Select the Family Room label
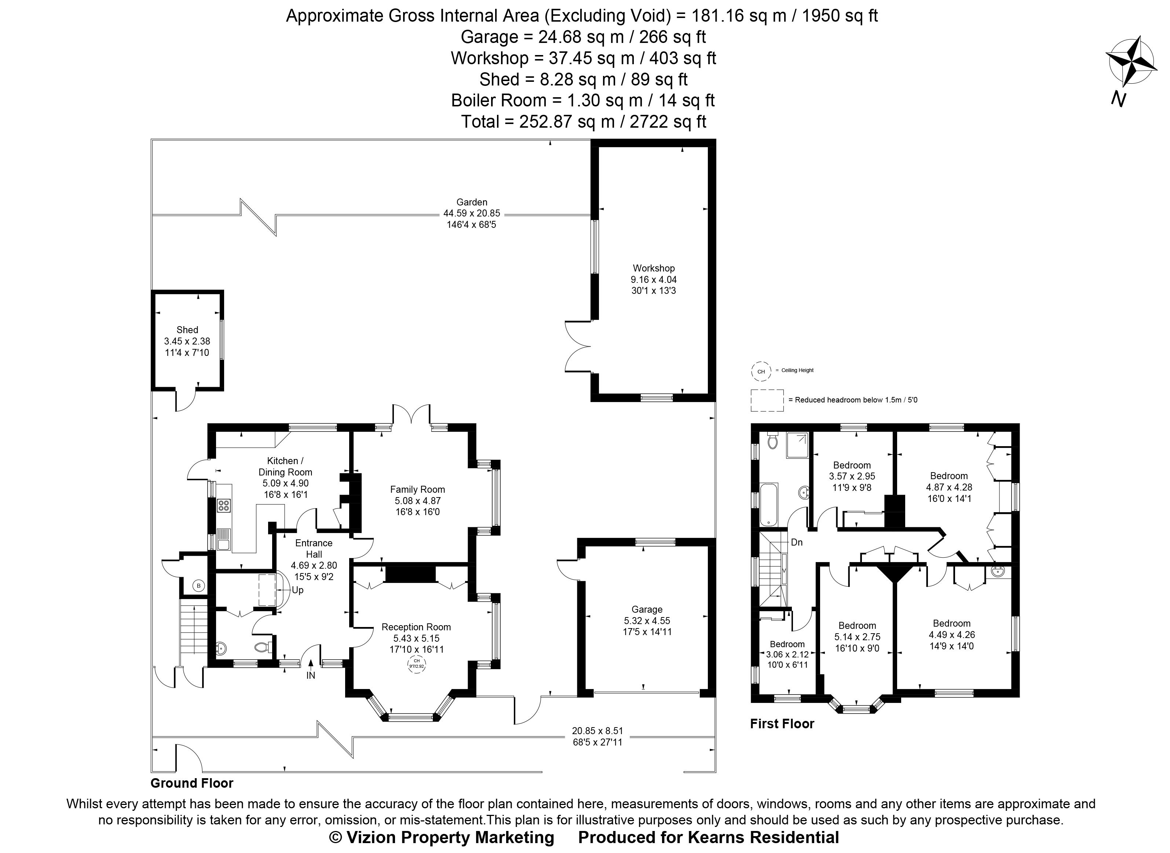coord(417,489)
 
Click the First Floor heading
coord(782,723)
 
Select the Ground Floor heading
coord(192,783)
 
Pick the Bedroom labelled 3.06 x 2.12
coord(787,644)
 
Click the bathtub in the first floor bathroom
coord(768,504)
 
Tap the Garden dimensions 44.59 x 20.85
coord(471,213)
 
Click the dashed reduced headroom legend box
coord(767,400)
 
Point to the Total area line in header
coord(583,121)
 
